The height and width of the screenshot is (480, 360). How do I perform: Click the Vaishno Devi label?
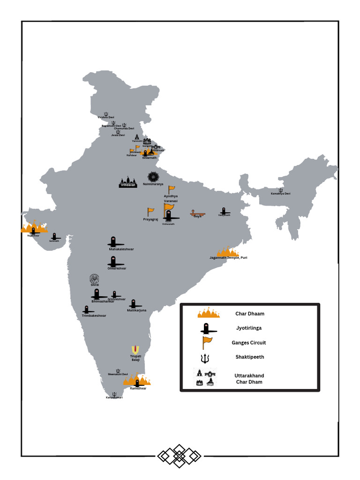tap(106, 117)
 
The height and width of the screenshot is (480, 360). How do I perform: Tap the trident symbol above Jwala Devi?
tap(118, 132)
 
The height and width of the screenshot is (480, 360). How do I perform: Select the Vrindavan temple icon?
tap(127, 182)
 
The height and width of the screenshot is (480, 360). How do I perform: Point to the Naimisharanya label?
tap(153, 184)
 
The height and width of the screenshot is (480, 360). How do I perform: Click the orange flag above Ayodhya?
tap(172, 189)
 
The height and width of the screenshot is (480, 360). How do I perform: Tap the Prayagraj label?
tap(150, 219)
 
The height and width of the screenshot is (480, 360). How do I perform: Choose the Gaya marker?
tap(197, 213)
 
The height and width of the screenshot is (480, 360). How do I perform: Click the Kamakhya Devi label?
tap(281, 194)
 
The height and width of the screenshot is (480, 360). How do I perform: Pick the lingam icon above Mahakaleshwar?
tap(113, 241)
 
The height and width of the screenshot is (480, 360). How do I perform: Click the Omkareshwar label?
tap(117, 269)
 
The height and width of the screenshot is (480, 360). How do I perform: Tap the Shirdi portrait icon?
tap(95, 278)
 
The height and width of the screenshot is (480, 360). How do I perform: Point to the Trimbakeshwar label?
tap(94, 315)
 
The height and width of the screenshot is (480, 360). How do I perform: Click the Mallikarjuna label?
tap(136, 310)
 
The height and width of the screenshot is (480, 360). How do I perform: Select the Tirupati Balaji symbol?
tap(135, 350)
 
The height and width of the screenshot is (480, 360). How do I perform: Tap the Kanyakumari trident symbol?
tap(114, 394)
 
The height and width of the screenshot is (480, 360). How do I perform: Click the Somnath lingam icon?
tap(54, 236)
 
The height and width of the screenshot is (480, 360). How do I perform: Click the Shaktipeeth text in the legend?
tap(249, 357)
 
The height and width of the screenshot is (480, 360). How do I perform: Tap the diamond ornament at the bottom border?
tap(179, 455)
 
